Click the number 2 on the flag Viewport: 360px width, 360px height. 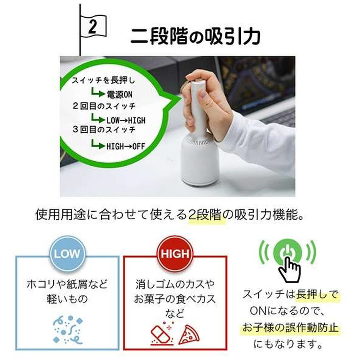(x=93, y=27)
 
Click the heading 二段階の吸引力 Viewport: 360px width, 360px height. (x=195, y=36)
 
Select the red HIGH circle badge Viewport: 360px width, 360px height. (x=175, y=254)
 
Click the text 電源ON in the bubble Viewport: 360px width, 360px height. (x=120, y=94)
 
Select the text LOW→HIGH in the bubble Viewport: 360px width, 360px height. (x=126, y=120)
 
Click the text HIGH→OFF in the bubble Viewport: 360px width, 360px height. (x=126, y=146)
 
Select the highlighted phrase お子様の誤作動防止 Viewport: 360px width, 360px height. (x=291, y=328)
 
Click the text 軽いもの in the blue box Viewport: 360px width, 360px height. (x=67, y=299)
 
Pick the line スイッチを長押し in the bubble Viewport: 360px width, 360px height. (x=103, y=80)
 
